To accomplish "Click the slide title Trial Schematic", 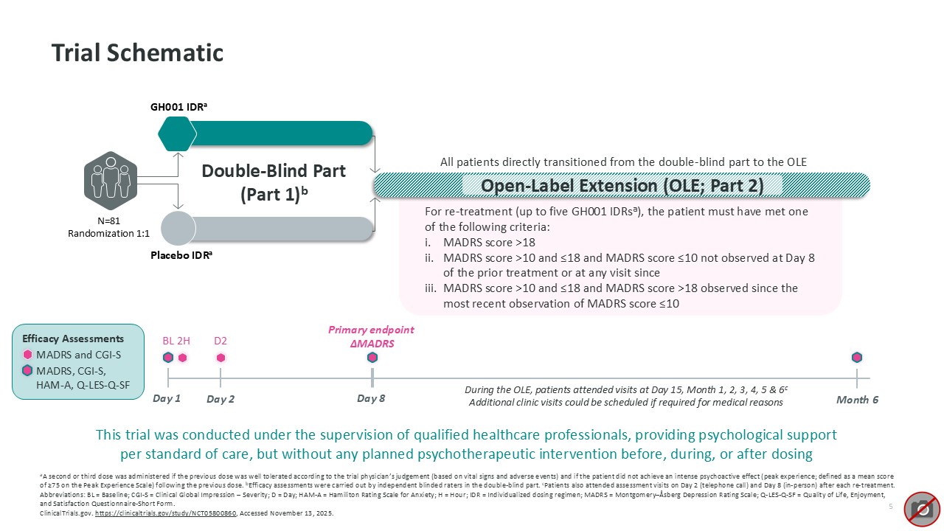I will coord(137,53).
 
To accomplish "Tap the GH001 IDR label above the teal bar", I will coord(178,106).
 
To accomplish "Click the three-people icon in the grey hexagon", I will coord(110,181).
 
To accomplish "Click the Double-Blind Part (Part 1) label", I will coord(274,182).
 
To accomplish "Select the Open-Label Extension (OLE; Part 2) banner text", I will coord(622,185).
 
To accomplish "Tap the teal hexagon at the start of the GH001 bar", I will coord(178,133).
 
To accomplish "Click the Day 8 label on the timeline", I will coord(371,398).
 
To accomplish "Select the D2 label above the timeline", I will coord(221,341).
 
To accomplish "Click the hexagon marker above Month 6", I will coord(857,358).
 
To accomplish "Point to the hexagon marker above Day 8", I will coord(372,358).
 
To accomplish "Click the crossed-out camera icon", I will coord(921,508).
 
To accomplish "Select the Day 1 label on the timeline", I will coord(166,399).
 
